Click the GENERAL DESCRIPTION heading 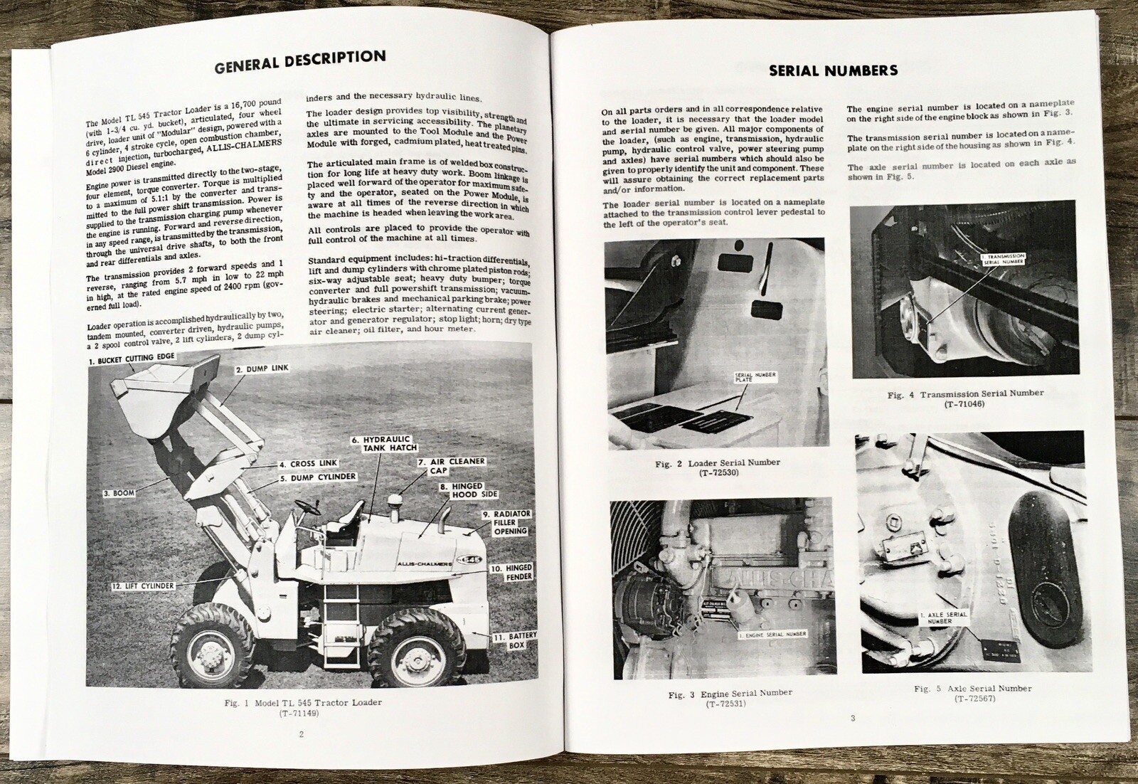click(300, 62)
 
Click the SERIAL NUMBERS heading click(833, 70)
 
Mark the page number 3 click(853, 718)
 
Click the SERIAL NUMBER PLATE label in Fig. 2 click(755, 377)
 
